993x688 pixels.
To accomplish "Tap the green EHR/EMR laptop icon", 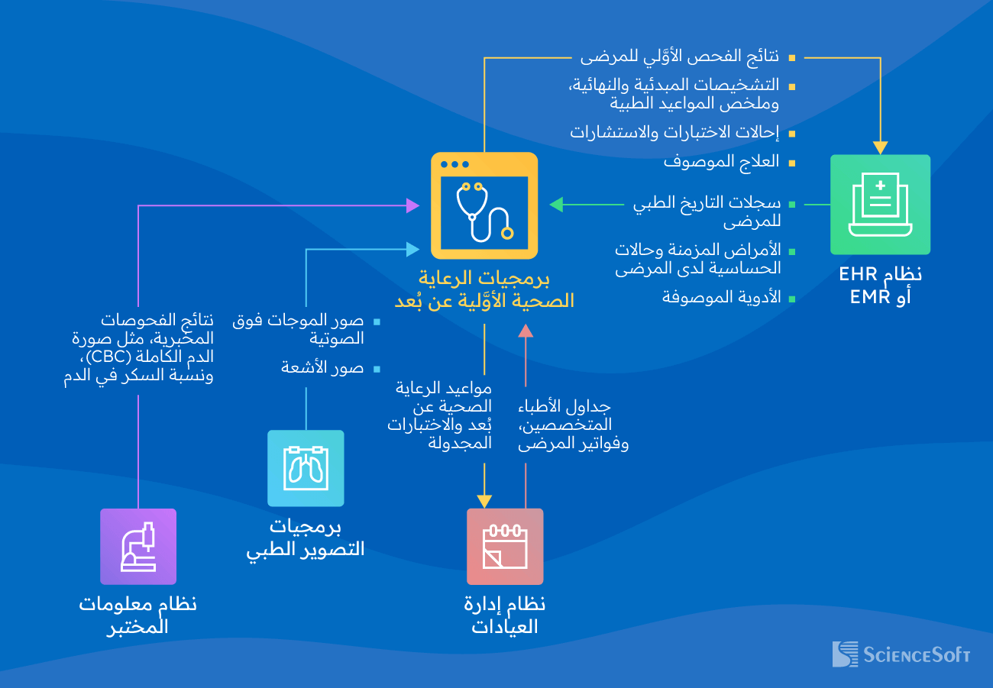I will (880, 205).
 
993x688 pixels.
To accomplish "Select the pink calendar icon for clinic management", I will (505, 547).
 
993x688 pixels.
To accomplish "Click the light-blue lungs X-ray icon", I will (306, 468).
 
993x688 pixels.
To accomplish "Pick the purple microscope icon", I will (138, 547).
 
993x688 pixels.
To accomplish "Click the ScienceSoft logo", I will (901, 654).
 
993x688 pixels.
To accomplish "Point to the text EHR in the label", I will (858, 274).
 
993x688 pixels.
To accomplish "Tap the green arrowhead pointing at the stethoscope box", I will (556, 205).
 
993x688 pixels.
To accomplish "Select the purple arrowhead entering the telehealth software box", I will (412, 205).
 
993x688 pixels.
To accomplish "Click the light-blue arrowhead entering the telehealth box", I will (412, 249).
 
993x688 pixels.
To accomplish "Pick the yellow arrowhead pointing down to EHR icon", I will (880, 147).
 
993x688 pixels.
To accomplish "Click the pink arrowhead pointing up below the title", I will (526, 331).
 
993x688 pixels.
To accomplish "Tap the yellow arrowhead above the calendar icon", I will (484, 501).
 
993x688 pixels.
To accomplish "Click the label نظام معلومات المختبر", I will (138, 615).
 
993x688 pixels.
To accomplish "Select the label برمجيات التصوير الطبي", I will (306, 538).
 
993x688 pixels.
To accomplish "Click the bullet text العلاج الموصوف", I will (721, 162).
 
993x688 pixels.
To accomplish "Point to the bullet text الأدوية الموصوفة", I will (721, 297).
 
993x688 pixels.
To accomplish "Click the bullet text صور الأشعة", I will (322, 368).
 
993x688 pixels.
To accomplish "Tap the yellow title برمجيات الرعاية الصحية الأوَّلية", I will (484, 289).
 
